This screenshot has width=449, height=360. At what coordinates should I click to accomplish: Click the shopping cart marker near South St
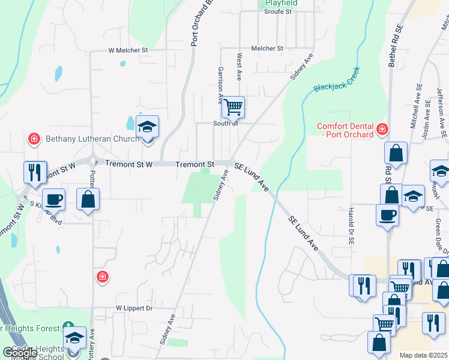pyautogui.click(x=233, y=108)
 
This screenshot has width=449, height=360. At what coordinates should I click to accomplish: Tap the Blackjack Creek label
pyautogui.click(x=336, y=79)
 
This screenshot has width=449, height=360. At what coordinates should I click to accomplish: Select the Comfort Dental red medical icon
pyautogui.click(x=381, y=129)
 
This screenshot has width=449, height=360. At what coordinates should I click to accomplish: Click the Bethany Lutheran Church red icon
pyautogui.click(x=34, y=139)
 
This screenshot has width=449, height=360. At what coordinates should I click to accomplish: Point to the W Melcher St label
pyautogui.click(x=128, y=50)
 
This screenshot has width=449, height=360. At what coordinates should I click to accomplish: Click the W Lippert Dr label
pyautogui.click(x=134, y=308)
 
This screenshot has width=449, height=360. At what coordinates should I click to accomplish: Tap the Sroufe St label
pyautogui.click(x=277, y=11)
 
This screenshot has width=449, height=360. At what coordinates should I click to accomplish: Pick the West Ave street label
pyautogui.click(x=239, y=67)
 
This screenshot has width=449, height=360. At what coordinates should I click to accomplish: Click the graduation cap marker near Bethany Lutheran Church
pyautogui.click(x=147, y=127)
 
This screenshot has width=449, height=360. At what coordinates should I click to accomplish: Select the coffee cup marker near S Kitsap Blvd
pyautogui.click(x=53, y=199)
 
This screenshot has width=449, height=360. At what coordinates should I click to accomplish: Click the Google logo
pyautogui.click(x=20, y=352)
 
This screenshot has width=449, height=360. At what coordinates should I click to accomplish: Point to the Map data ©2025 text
pyautogui.click(x=424, y=355)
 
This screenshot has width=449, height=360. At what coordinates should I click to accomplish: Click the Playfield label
pyautogui.click(x=278, y=3)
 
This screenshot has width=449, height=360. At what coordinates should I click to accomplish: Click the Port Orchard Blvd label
pyautogui.click(x=194, y=24)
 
